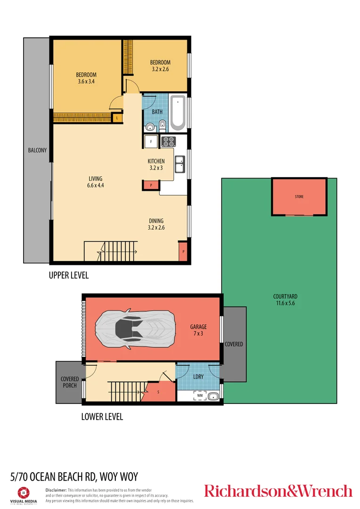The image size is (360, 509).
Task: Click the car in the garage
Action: point(136,326)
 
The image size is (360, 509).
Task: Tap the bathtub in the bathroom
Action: point(178,113)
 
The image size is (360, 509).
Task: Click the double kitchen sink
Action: point(180,164)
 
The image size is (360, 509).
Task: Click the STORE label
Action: point(299,196)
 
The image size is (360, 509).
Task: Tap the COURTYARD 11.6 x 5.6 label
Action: point(285,300)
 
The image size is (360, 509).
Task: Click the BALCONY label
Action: point(37,150)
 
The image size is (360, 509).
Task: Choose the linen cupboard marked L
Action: point(116,118)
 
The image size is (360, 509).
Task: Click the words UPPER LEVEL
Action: point(69,275)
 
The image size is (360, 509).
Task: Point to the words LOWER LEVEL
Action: point(102,417)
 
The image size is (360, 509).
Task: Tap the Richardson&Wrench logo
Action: point(278,491)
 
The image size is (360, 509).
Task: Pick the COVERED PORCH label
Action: point(70,382)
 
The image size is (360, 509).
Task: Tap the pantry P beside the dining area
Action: point(183,252)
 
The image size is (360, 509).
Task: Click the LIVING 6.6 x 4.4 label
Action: point(95,182)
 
